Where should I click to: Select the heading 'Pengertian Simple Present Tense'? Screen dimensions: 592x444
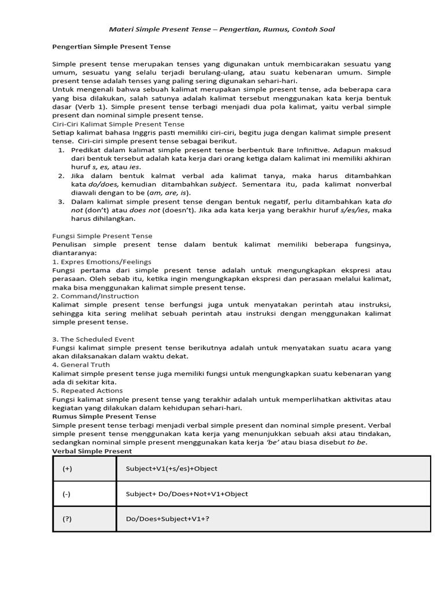[112, 46]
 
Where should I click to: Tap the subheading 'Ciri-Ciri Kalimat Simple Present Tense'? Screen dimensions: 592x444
[119, 124]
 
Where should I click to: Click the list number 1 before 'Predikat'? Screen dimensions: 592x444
[62, 150]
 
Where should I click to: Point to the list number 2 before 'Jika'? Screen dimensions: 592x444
[62, 176]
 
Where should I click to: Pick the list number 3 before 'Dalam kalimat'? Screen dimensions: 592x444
[62, 202]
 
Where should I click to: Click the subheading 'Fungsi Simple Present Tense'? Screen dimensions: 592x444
[102, 236]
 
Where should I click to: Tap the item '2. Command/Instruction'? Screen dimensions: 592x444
[95, 296]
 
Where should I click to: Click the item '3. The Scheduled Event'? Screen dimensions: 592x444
[93, 339]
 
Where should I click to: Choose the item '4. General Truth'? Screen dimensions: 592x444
[81, 365]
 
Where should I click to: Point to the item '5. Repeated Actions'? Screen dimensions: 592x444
[87, 391]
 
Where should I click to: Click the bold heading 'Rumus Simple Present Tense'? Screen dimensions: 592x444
[104, 416]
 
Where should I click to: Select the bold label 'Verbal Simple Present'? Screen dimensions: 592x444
[92, 451]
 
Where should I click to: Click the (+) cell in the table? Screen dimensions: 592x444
[68, 468]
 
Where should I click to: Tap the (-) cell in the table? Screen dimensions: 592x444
[67, 494]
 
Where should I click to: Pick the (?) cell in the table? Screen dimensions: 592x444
[67, 519]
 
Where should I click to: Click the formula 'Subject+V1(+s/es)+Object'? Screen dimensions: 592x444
[172, 468]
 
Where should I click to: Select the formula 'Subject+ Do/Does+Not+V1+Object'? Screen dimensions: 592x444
[186, 494]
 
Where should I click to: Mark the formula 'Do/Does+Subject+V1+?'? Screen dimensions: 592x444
[168, 519]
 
